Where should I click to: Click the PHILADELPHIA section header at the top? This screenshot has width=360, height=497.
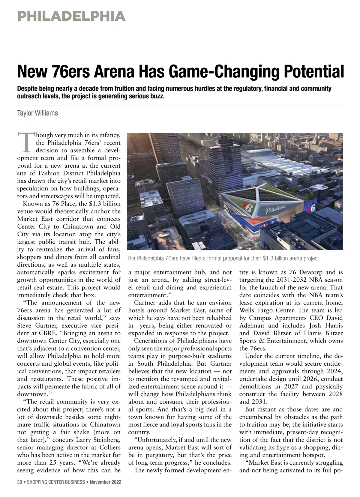point(71,16)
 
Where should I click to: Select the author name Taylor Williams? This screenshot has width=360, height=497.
point(37,113)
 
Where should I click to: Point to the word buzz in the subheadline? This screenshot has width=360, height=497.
point(157,97)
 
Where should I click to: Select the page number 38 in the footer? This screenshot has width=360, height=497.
point(20,482)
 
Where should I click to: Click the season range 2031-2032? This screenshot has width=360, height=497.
point(293,280)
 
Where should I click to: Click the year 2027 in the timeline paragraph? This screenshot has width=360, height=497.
point(291,386)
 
